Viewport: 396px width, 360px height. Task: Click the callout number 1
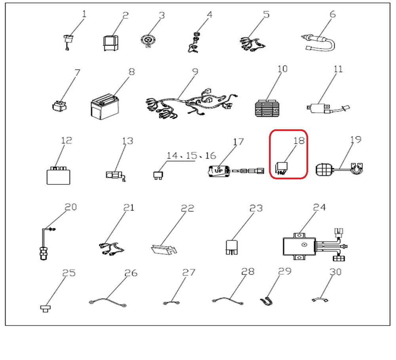tap(84, 14)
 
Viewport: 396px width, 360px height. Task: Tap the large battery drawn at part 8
tap(105, 107)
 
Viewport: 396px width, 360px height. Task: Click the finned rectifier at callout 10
tap(268, 108)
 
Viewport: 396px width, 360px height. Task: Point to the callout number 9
tap(195, 72)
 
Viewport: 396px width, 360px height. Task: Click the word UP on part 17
tap(219, 171)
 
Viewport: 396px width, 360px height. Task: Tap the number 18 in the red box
tap(299, 140)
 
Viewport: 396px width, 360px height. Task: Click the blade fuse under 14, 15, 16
tap(158, 176)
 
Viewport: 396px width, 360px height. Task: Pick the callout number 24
tap(319, 207)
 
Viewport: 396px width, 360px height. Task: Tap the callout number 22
tap(188, 208)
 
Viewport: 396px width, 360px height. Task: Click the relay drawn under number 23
tap(232, 247)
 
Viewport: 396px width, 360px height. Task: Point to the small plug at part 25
tap(46, 309)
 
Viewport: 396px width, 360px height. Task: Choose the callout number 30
tap(335, 272)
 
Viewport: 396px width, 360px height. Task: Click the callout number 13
tap(128, 141)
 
